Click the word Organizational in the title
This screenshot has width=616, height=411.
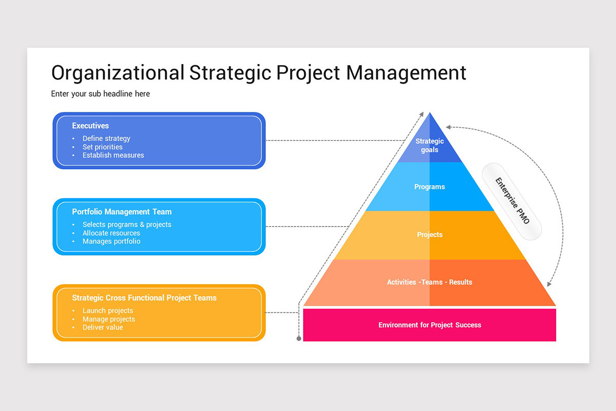coord(118,72)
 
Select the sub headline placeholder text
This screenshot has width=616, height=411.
coord(101,94)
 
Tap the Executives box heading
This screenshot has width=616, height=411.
coord(90,125)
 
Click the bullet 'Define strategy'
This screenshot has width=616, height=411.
coord(106,138)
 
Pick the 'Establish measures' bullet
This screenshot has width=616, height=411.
coord(113,155)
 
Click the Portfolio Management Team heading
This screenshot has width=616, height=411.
coord(122,212)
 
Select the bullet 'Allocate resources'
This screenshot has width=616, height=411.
coord(111,233)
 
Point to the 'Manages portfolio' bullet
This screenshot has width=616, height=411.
coord(111,241)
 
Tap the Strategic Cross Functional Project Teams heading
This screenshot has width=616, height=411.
coord(144,297)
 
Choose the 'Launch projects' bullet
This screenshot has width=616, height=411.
coord(108,310)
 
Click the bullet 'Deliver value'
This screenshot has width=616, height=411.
coord(103,327)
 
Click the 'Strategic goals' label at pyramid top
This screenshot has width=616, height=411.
coord(430,145)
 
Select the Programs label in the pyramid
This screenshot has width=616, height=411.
coord(430,186)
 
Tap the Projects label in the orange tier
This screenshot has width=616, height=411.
coord(430,234)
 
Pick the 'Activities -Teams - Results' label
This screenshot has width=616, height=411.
coord(430,282)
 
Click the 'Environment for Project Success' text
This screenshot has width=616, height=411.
coord(430,325)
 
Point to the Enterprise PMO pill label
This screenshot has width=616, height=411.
coord(511,200)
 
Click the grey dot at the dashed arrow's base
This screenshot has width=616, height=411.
coord(299,339)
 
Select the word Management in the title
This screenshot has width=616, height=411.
coord(406,72)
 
